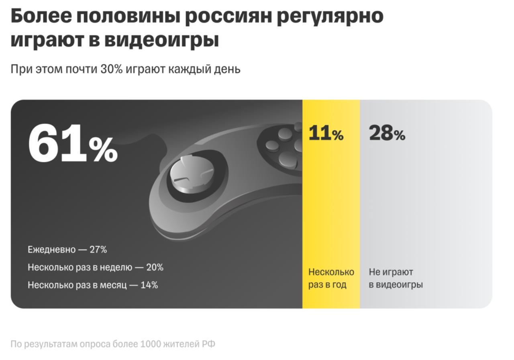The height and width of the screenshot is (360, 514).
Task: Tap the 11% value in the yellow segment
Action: click(326, 133)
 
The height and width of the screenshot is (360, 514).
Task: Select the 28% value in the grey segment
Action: click(387, 133)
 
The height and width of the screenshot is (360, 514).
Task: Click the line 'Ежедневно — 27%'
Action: click(67, 250)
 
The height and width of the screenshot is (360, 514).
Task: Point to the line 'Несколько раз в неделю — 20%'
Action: click(96, 267)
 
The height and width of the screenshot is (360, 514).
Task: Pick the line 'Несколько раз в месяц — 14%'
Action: click(93, 285)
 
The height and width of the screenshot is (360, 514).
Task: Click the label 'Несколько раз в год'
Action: click(331, 278)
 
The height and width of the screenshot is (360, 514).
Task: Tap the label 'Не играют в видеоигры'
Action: click(396, 278)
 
